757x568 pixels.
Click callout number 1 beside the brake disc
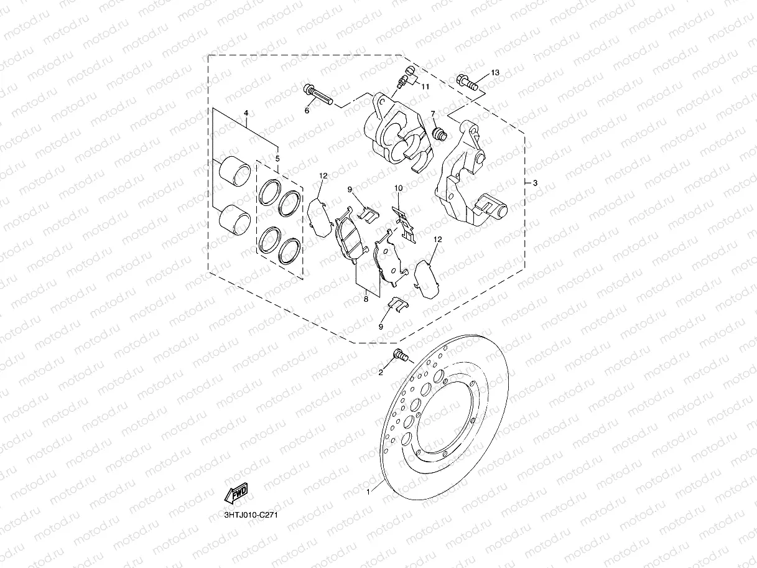coord(369,492)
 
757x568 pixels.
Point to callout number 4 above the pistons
coord(246,113)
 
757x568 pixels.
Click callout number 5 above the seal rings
coord(277,159)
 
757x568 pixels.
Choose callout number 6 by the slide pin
coord(307,111)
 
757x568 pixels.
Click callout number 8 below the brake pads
coord(366,299)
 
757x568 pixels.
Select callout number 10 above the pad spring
coord(399,188)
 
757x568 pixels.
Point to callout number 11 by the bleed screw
coord(425,86)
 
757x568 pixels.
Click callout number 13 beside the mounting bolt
coord(495,73)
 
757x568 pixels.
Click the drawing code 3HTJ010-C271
coord(251,516)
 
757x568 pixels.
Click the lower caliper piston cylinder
coord(235,217)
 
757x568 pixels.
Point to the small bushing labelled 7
coord(439,133)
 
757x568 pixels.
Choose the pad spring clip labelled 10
coord(405,223)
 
